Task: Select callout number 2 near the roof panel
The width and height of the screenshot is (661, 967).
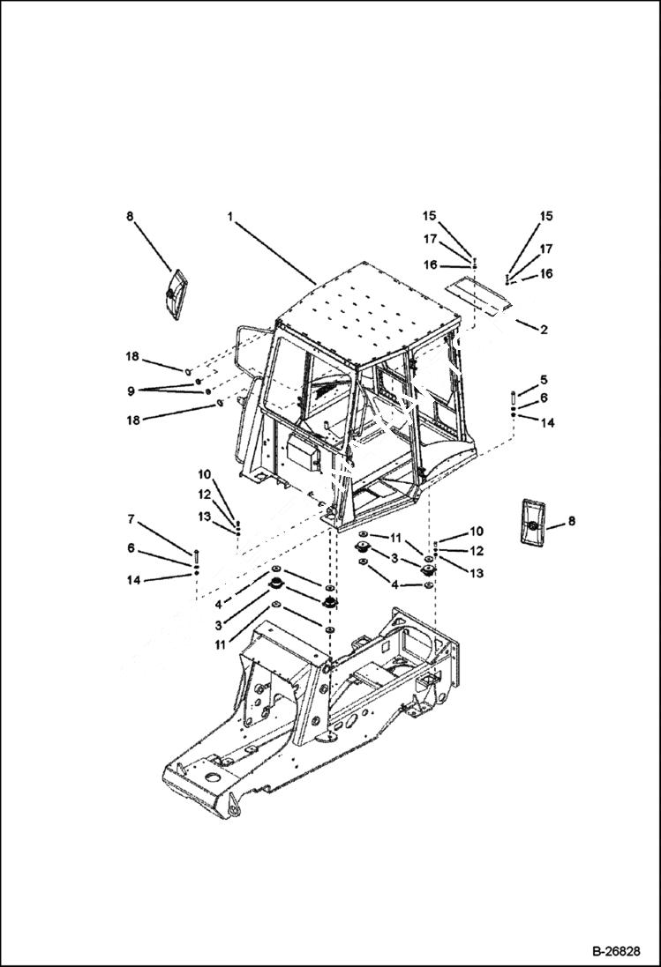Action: [x=544, y=330]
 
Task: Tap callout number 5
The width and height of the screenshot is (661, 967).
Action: [x=544, y=379]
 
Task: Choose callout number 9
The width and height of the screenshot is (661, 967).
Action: [x=131, y=390]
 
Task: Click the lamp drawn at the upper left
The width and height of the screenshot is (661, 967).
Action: [x=174, y=293]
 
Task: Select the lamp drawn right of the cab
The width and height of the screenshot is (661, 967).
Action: [x=532, y=524]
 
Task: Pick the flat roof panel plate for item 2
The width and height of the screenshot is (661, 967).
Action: [x=481, y=293]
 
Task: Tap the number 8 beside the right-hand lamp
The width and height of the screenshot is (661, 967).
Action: [x=571, y=521]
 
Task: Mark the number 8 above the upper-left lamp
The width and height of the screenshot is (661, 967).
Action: [x=131, y=215]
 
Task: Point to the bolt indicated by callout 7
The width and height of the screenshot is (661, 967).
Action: [x=196, y=555]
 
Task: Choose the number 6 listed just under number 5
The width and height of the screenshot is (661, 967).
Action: [x=544, y=398]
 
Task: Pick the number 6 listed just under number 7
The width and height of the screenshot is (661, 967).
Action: [x=131, y=547]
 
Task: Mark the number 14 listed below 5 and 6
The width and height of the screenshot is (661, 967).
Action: [x=547, y=423]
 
